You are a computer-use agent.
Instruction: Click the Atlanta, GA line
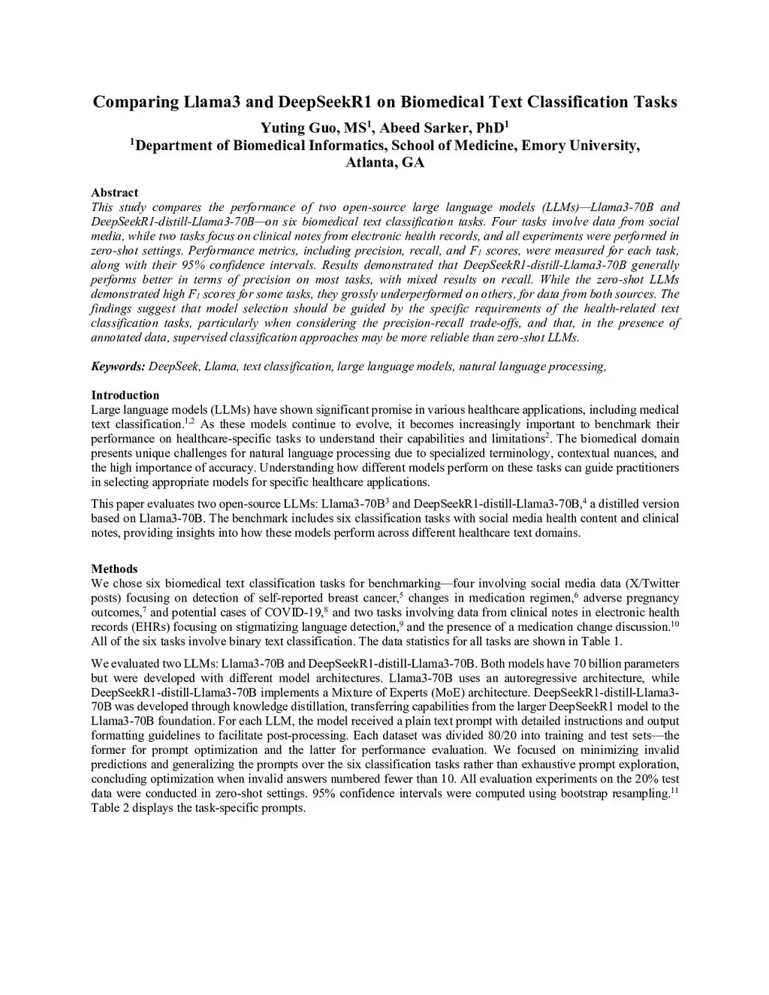click(x=384, y=163)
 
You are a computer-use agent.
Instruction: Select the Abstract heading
click(x=114, y=193)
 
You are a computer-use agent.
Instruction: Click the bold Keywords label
click(x=118, y=366)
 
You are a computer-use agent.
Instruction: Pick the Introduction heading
click(x=125, y=395)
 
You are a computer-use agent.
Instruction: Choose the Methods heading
click(x=114, y=568)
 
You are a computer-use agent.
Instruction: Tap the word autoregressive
click(x=514, y=677)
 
